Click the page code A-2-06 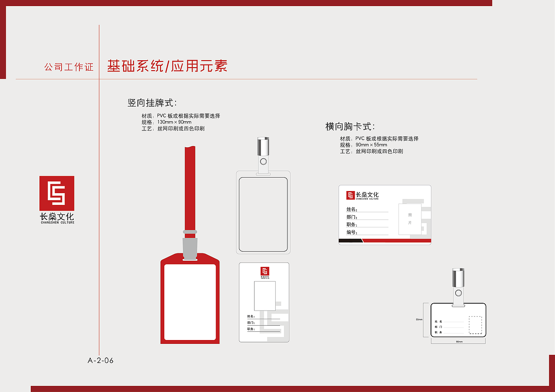tap(101, 360)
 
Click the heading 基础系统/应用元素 tap(167, 66)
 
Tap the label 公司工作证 tap(69, 67)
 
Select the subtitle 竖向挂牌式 tap(152, 103)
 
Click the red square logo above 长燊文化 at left tap(57, 193)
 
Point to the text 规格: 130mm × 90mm tap(166, 122)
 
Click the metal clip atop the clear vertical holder tap(263, 147)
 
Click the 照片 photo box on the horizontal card tap(410, 219)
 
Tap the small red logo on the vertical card tap(264, 271)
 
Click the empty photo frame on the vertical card tap(264, 295)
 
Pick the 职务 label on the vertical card tap(251, 329)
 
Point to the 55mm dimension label tap(419, 320)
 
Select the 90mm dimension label tap(459, 342)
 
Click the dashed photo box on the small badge tap(475, 325)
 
